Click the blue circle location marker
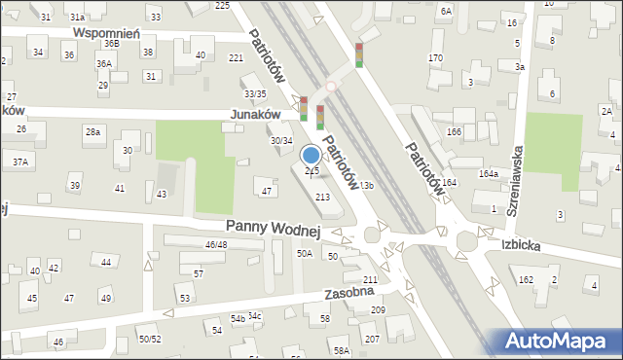point(311,154)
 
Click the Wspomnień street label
point(107,32)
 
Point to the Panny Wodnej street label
point(274,228)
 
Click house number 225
point(222,6)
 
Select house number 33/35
point(255,93)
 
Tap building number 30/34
point(280,141)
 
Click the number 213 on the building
point(321,198)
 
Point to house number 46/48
point(215,244)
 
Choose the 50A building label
point(305,254)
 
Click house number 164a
point(489,174)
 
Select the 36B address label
point(112,43)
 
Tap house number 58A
point(341,350)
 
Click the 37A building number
point(19,160)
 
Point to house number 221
point(236,58)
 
